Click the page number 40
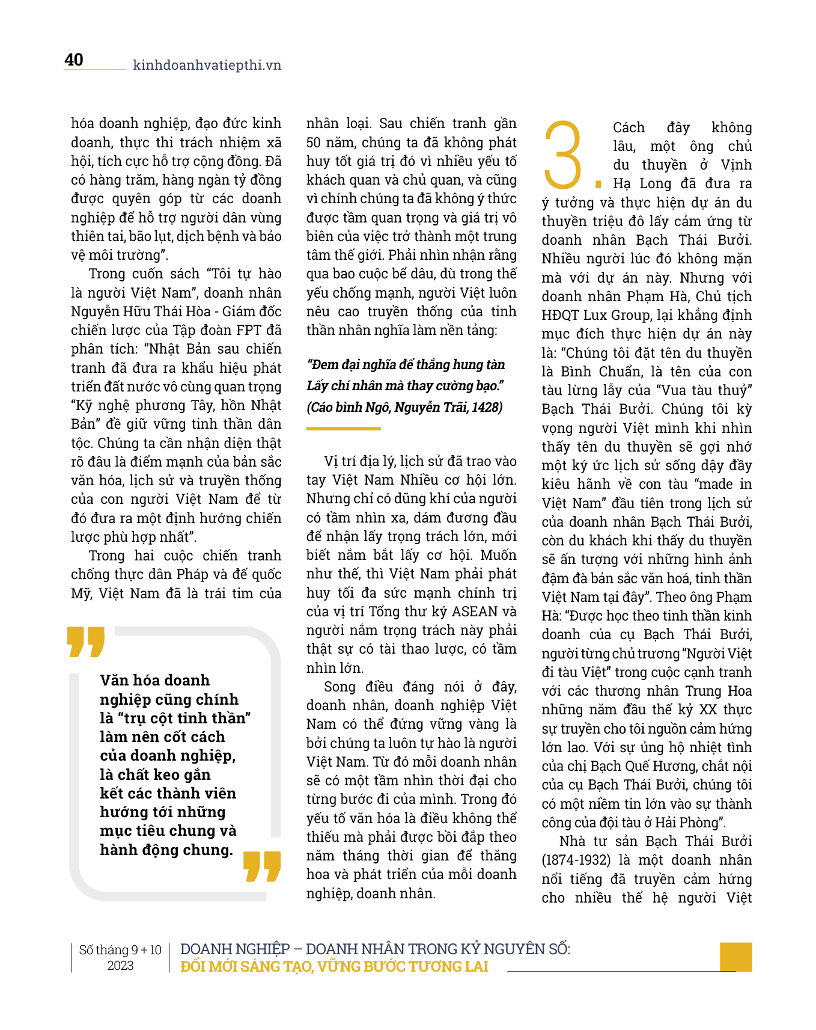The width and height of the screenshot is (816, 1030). (74, 60)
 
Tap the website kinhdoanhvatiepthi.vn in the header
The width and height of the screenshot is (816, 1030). (207, 65)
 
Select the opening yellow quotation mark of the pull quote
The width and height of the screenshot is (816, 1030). (85, 642)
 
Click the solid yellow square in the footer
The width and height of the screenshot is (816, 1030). (735, 956)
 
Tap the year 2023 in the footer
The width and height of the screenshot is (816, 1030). (120, 966)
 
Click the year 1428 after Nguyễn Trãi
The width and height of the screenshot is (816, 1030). (487, 407)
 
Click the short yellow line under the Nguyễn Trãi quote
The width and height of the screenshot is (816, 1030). (343, 429)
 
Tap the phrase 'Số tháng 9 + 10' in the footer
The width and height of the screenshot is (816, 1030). (120, 949)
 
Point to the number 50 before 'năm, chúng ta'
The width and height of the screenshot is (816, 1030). (313, 143)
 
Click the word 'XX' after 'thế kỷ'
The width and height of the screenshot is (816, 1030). (709, 710)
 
